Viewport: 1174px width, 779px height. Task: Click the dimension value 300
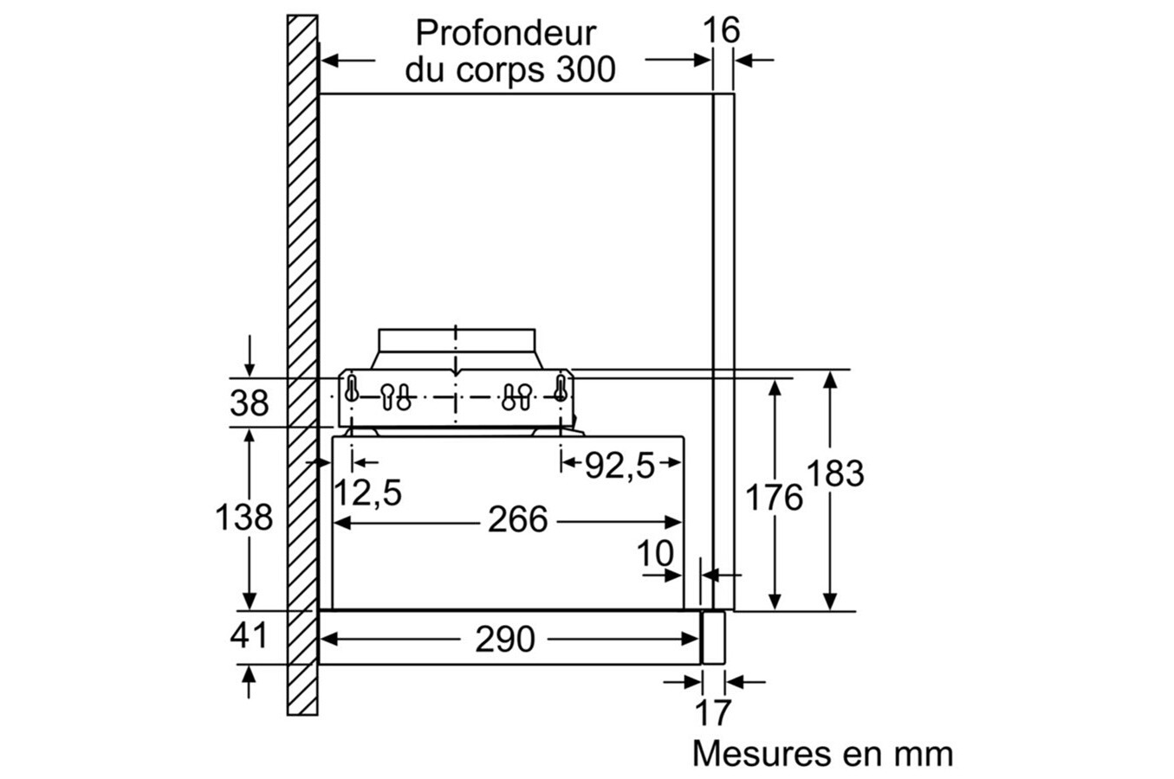[586, 69]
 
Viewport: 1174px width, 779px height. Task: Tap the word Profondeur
[506, 33]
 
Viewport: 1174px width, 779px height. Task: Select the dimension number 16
[721, 29]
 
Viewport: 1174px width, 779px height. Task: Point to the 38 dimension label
[249, 403]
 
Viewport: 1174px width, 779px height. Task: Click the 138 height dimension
[243, 518]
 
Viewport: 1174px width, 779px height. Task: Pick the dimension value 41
[249, 635]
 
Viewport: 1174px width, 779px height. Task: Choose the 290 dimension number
[505, 640]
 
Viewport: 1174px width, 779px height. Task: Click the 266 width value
[518, 519]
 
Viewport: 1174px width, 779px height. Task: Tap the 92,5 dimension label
[619, 466]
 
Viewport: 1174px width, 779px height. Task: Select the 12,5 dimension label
[367, 493]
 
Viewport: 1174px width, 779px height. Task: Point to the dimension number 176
[774, 498]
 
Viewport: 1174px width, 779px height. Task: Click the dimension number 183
[835, 473]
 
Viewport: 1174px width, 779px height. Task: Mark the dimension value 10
[655, 553]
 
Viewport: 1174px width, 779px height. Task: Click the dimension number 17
[713, 712]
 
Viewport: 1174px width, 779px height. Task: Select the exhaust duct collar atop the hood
[456, 349]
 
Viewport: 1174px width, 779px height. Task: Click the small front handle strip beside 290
[713, 638]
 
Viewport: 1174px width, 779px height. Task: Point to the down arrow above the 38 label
[250, 356]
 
